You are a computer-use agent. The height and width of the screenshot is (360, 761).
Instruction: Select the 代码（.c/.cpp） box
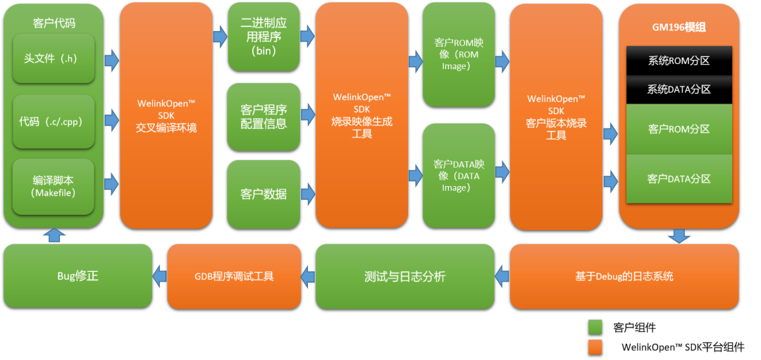[54, 121]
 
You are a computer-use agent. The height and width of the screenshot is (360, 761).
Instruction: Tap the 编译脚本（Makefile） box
[54, 186]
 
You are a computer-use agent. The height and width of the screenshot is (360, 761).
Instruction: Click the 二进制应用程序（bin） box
[264, 36]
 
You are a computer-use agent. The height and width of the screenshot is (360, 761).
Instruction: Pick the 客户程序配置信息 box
[264, 116]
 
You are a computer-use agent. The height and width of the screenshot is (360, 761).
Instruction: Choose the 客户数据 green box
[264, 194]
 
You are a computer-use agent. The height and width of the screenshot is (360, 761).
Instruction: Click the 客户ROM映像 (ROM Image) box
[459, 54]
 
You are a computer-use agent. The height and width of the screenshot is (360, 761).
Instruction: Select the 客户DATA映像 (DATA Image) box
[459, 175]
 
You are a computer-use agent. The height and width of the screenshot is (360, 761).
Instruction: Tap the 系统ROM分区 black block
[679, 61]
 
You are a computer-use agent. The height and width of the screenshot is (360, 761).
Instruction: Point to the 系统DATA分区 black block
[679, 89]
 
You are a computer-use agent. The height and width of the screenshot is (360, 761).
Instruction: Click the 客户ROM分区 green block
[679, 129]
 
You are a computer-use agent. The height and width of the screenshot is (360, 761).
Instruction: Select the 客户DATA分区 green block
[679, 179]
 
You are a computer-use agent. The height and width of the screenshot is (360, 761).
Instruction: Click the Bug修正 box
[78, 275]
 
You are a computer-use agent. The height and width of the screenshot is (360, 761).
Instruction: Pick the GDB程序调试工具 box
[234, 275]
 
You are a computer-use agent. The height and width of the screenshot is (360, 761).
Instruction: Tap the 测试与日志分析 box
[404, 275]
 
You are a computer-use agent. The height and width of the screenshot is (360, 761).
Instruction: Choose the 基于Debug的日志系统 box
[624, 275]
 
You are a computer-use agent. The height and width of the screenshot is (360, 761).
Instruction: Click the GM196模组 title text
[679, 27]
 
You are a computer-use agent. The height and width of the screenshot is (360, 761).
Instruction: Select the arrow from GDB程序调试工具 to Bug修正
[159, 275]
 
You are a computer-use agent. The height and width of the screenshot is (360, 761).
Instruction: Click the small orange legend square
[595, 347]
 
